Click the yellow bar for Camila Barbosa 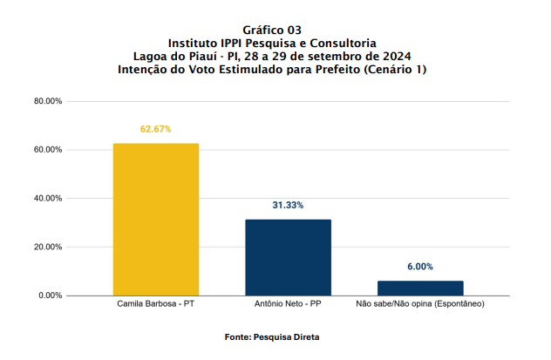click(156, 219)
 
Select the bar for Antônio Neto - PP click(288, 257)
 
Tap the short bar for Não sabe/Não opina click(420, 288)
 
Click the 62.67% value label click(156, 129)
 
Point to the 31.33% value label click(288, 205)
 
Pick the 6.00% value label click(420, 267)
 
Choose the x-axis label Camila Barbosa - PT click(156, 305)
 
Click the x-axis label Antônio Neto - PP click(288, 305)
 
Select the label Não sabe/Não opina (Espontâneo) click(420, 305)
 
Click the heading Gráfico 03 click(273, 30)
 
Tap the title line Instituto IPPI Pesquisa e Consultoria click(273, 43)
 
